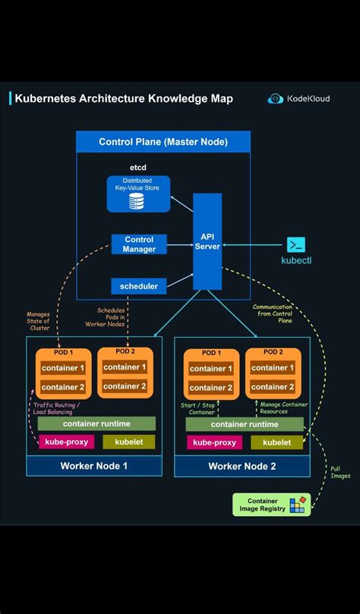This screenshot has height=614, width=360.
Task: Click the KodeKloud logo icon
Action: click(275, 99)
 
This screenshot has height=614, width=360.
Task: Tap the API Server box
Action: click(207, 241)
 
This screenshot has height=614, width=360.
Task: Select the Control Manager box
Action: click(139, 244)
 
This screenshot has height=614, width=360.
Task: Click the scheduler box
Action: click(139, 286)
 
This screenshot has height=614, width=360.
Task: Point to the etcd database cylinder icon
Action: click(137, 201)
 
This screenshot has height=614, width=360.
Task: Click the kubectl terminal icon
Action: click(296, 244)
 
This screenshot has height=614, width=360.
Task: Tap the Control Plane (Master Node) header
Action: click(163, 142)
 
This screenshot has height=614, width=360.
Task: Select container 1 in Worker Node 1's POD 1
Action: click(63, 368)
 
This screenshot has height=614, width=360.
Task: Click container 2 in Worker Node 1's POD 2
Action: click(125, 386)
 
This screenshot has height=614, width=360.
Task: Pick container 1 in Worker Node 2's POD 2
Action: click(273, 368)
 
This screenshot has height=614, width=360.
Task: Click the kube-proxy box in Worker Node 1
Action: click(66, 442)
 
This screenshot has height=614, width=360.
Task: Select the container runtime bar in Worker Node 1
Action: click(96, 424)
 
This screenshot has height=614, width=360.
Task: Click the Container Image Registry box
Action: click(271, 505)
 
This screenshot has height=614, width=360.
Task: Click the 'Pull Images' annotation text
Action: click(340, 472)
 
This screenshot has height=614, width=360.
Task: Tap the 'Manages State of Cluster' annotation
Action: click(38, 321)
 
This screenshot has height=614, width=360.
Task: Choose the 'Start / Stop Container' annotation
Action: click(197, 408)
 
